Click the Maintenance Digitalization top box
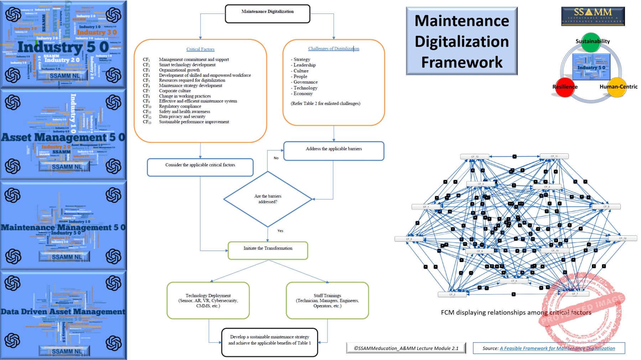tap(267, 14)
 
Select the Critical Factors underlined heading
tap(200, 49)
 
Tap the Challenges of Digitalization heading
tap(333, 48)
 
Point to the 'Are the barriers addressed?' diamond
tap(268, 199)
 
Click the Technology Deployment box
tap(208, 300)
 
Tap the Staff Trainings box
tap(327, 300)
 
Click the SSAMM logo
tap(593, 16)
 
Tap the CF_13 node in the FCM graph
tap(474, 156)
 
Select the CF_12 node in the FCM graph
tap(622, 238)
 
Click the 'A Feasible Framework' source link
tap(557, 348)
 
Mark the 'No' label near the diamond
tap(276, 158)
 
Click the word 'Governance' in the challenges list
tap(305, 82)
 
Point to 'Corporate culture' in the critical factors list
tap(175, 91)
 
